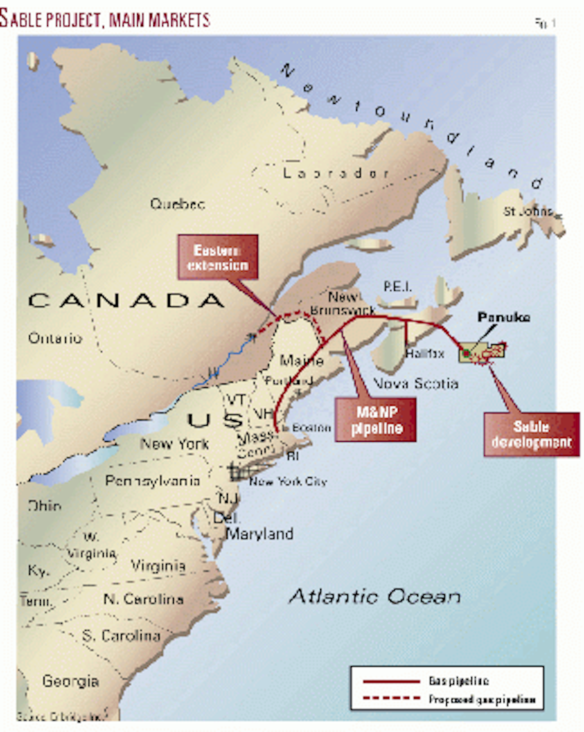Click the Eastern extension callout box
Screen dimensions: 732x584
pyautogui.click(x=218, y=257)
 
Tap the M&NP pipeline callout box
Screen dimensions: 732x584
pyautogui.click(x=376, y=420)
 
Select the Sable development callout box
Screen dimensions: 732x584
pyautogui.click(x=531, y=434)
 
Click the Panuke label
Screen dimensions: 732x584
pyautogui.click(x=504, y=317)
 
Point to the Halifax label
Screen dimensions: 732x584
pyautogui.click(x=425, y=353)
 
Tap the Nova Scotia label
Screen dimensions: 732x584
pyautogui.click(x=416, y=384)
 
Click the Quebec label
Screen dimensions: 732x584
pyautogui.click(x=177, y=204)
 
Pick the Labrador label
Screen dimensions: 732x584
pyautogui.click(x=336, y=173)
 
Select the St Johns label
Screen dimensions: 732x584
pyautogui.click(x=528, y=211)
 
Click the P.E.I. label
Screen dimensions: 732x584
pyautogui.click(x=397, y=286)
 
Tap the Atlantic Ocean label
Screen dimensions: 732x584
pyautogui.click(x=375, y=596)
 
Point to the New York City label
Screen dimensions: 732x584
pyautogui.click(x=288, y=482)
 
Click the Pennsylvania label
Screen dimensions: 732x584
pyautogui.click(x=152, y=481)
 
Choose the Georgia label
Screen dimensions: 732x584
pyautogui.click(x=71, y=680)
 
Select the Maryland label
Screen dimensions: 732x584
pyautogui.click(x=260, y=534)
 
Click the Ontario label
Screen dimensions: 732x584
pyautogui.click(x=55, y=338)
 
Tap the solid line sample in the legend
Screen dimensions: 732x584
pyautogui.click(x=391, y=681)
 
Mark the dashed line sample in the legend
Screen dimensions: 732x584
pyautogui.click(x=391, y=698)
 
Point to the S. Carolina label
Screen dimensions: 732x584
pyautogui.click(x=121, y=636)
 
